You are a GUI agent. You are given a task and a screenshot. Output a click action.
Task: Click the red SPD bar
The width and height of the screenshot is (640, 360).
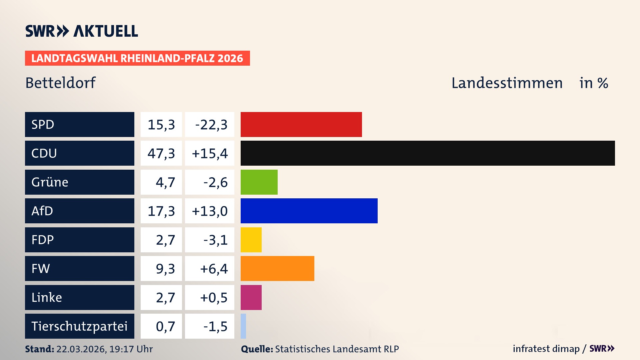point(301,124)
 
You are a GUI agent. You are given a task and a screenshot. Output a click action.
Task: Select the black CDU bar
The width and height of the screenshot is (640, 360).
point(427,153)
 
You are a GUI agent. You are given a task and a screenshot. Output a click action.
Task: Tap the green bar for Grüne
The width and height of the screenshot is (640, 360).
point(259,182)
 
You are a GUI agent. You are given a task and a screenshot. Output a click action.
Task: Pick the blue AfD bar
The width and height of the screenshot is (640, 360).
point(309,211)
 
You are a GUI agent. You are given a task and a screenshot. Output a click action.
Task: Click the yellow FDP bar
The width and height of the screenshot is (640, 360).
point(251,240)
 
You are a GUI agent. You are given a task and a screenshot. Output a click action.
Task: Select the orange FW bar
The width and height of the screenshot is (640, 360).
point(277,268)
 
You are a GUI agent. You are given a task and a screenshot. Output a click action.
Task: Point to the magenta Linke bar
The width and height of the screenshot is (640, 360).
point(251,297)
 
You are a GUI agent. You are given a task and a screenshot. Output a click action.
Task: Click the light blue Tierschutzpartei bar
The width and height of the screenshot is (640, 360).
point(243,326)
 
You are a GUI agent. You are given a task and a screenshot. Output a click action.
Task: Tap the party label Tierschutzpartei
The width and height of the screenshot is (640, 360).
point(79,326)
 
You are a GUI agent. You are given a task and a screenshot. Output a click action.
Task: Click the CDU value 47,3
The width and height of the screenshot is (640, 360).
point(161,153)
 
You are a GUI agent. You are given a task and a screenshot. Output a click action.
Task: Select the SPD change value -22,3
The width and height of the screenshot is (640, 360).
point(211,125)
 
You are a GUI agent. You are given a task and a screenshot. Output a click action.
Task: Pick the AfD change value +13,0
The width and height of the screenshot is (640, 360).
point(210,211)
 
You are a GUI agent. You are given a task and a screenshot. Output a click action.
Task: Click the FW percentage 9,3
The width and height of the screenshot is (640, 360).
point(165,269)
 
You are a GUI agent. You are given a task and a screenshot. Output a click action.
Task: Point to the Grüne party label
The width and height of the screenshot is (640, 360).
point(50,182)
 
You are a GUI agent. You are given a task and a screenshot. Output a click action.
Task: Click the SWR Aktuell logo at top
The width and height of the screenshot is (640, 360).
point(82,31)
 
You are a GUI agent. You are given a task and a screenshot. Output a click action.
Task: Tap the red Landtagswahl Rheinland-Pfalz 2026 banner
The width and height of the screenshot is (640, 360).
point(137,58)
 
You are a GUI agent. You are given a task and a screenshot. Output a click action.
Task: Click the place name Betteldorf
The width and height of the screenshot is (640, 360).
point(60,83)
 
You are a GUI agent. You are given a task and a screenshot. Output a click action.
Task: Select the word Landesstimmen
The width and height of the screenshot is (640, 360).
point(507,83)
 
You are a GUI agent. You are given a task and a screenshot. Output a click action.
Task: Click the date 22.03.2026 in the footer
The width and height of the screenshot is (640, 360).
point(81,349)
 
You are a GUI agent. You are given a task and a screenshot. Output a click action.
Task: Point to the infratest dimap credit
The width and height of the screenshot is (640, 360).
point(546,349)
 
